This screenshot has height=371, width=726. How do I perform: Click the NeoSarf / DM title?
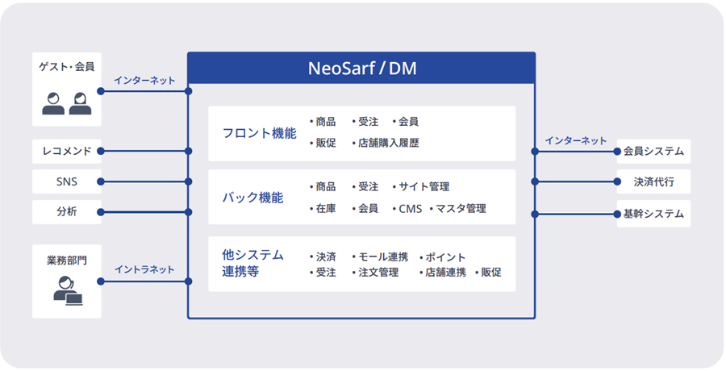pyautogui.click(x=362, y=69)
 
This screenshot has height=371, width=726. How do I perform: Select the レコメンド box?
pyautogui.click(x=67, y=151)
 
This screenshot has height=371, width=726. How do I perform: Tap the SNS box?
pyautogui.click(x=67, y=181)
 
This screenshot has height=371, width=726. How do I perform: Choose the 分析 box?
pyautogui.click(x=67, y=212)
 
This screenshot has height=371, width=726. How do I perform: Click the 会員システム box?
pyautogui.click(x=653, y=152)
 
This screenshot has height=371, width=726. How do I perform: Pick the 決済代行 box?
pyautogui.click(x=653, y=181)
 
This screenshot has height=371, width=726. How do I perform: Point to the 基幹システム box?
pyautogui.click(x=653, y=214)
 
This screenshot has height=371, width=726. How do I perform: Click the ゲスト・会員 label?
pyautogui.click(x=67, y=67)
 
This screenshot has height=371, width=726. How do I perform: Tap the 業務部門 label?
pyautogui.click(x=67, y=261)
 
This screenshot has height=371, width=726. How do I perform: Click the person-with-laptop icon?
pyautogui.click(x=68, y=291)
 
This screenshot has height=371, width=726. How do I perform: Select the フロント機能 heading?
pyautogui.click(x=259, y=133)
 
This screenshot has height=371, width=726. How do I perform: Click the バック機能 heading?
pyautogui.click(x=252, y=198)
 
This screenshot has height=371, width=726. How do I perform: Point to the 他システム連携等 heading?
pyautogui.click(x=252, y=263)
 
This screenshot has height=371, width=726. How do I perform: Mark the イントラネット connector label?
pyautogui.click(x=144, y=269)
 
